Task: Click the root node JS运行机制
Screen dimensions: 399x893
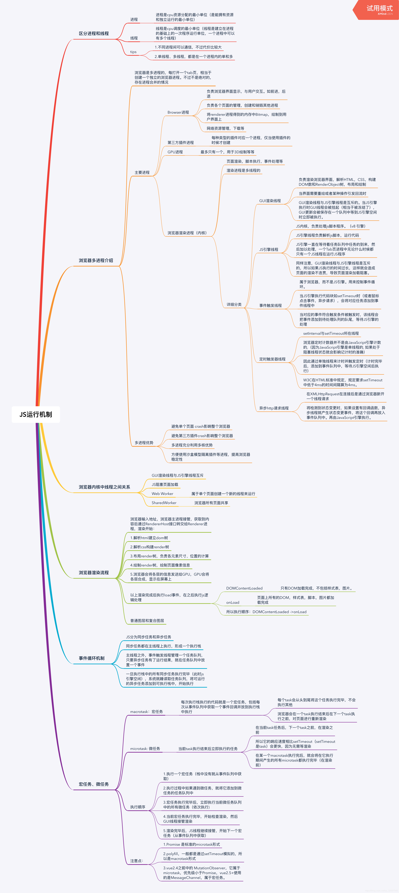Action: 36,415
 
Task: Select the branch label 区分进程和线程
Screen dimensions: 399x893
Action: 94,34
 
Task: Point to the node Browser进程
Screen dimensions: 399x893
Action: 178,112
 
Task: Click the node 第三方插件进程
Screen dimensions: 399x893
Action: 180,142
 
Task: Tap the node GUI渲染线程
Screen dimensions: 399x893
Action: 270,201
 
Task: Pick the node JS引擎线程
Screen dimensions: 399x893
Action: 269,250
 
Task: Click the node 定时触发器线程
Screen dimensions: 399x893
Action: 272,359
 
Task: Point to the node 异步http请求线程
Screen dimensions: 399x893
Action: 274,408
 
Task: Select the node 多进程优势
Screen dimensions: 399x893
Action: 144,443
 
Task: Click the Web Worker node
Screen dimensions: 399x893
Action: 162,494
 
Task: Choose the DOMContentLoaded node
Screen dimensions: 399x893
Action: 244,588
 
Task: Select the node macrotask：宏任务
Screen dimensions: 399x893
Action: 146,712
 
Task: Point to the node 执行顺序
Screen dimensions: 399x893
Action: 138,807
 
